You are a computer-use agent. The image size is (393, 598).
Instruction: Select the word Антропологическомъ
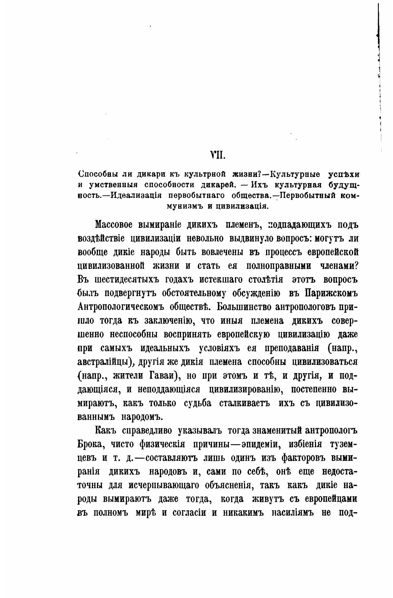(120, 307)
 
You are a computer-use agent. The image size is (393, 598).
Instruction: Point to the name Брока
(91, 444)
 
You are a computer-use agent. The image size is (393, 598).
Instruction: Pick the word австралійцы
(106, 362)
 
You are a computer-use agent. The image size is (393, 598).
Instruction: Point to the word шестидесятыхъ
(124, 280)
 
